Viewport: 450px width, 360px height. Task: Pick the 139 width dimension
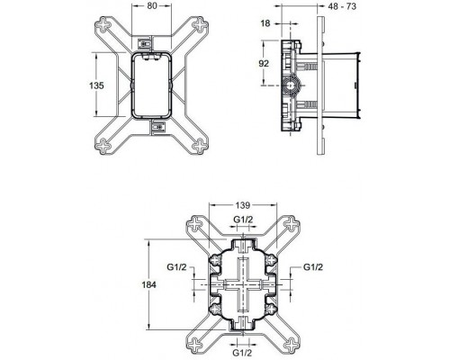[243, 205]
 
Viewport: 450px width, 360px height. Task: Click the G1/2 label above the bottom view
[243, 219]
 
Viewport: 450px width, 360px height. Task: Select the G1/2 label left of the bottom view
[176, 267]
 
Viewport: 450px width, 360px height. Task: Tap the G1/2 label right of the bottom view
[312, 267]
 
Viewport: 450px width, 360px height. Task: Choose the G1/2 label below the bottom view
[243, 353]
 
